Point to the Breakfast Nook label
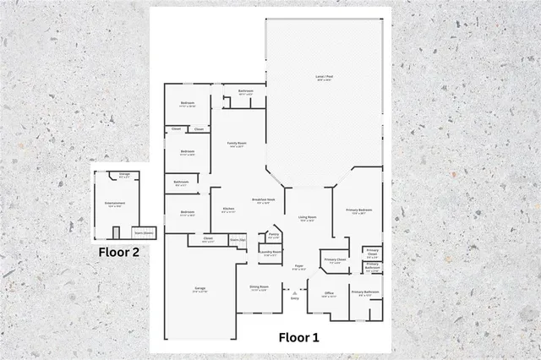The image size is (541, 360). pos(260,200)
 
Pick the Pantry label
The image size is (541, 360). pos(274,236)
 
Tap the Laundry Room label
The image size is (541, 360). pos(270,252)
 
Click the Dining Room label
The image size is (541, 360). pos(259,287)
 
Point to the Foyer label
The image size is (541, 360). pos(298,269)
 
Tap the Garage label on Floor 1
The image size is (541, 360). pos(200,290)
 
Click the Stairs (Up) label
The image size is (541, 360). pos(237,240)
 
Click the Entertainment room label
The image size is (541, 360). pos(115,204)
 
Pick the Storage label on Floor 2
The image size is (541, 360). pos(124,175)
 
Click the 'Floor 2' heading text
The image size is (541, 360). pos(117,251)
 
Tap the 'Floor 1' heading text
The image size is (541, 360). pos(299,337)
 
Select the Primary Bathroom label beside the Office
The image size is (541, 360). pos(365,292)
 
